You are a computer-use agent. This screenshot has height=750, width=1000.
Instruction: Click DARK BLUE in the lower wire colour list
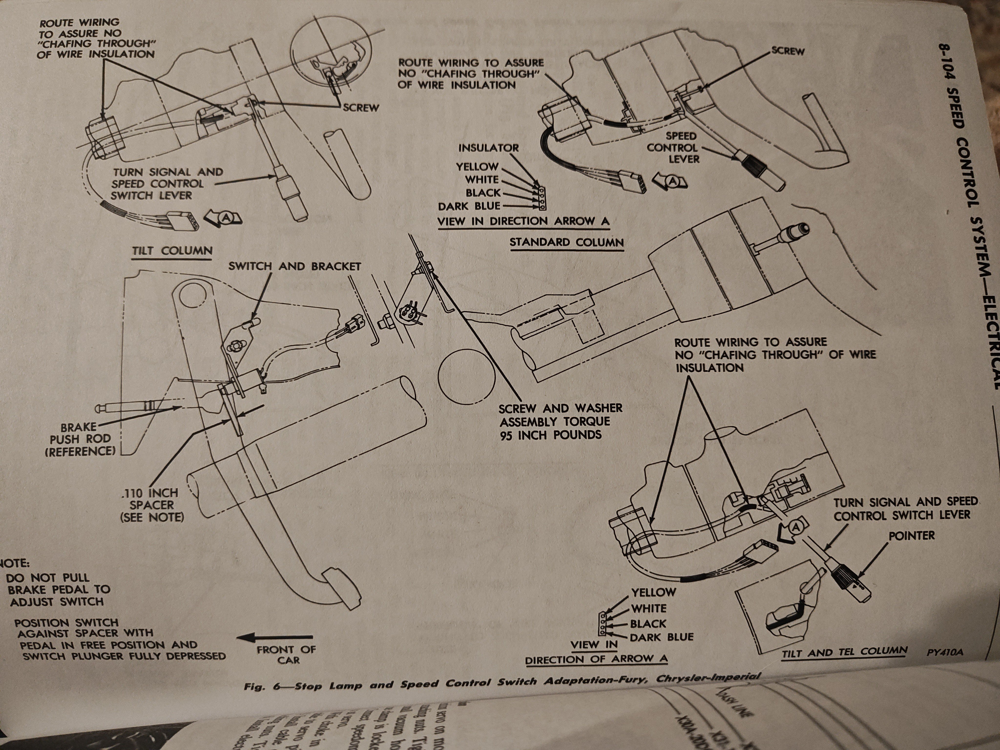[661, 637]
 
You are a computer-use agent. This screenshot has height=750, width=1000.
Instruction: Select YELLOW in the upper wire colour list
[477, 167]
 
